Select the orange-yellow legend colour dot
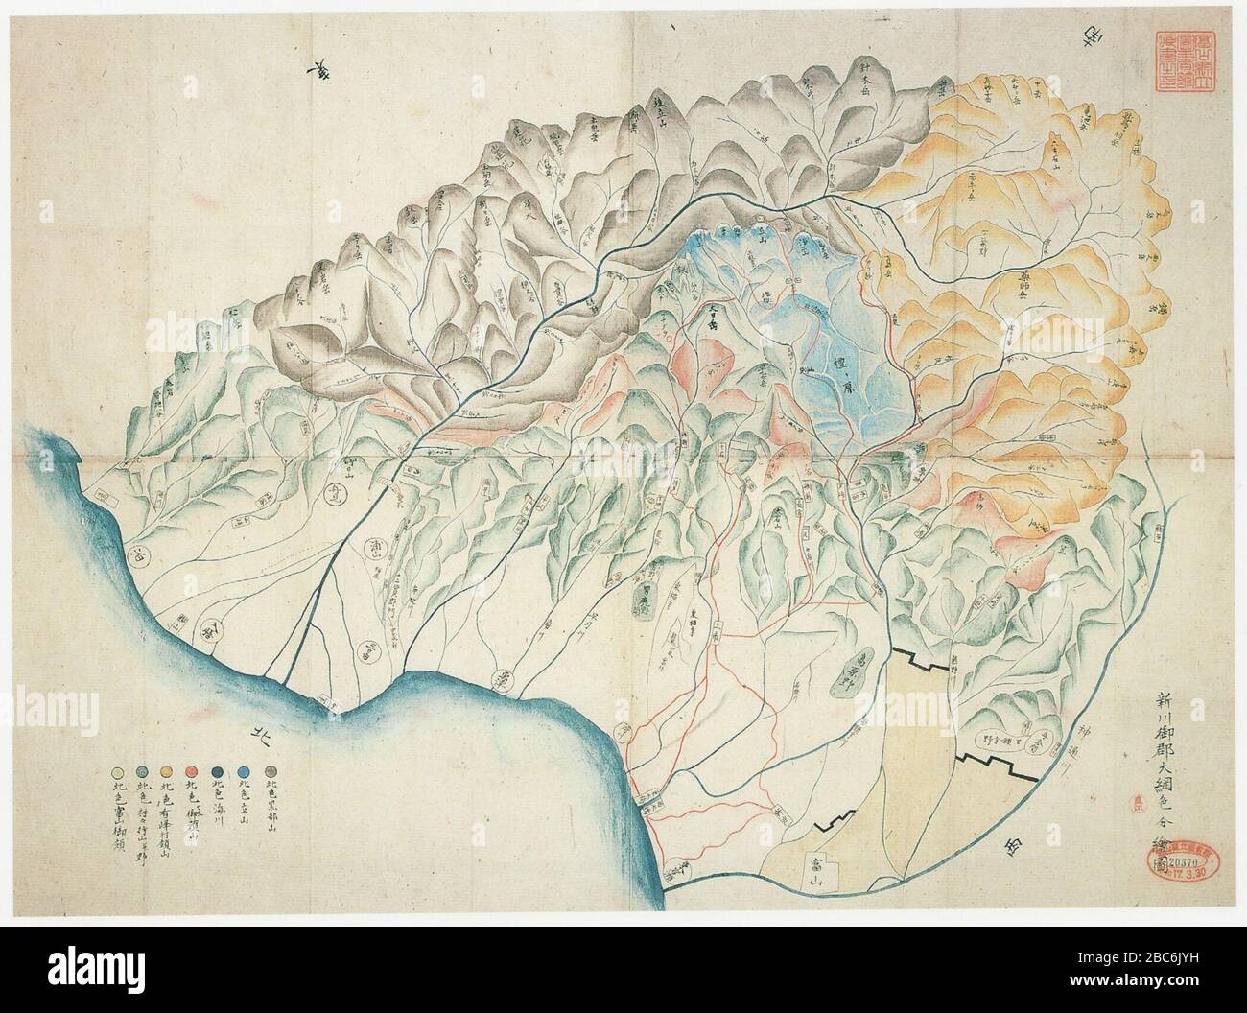click(166, 769)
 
